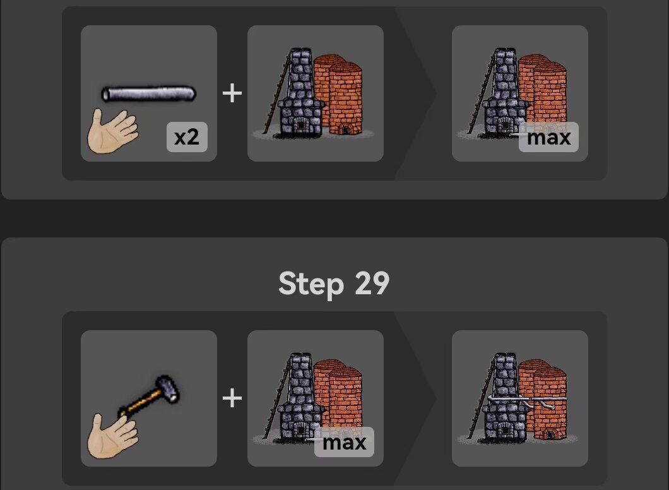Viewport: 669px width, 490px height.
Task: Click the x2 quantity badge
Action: pyautogui.click(x=187, y=137)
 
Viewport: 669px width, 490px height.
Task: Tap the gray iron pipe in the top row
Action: pyautogui.click(x=149, y=94)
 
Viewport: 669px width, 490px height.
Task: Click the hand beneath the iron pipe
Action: pyautogui.click(x=112, y=131)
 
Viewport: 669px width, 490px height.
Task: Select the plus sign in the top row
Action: pyautogui.click(x=232, y=93)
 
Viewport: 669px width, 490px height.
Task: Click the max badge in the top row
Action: pyautogui.click(x=548, y=137)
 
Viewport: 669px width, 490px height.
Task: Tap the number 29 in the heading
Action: pyautogui.click(x=372, y=284)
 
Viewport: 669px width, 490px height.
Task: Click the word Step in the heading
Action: pyautogui.click(x=311, y=284)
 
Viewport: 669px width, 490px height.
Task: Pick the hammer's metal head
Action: pyautogui.click(x=167, y=388)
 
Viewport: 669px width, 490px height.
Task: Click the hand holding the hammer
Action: pyautogui.click(x=112, y=436)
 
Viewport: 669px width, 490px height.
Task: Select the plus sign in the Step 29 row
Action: pyautogui.click(x=232, y=398)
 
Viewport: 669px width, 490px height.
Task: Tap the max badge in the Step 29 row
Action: pyautogui.click(x=345, y=442)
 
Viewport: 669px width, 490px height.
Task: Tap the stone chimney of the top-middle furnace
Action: pyautogui.click(x=301, y=92)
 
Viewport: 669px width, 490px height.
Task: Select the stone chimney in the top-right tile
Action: pyautogui.click(x=505, y=92)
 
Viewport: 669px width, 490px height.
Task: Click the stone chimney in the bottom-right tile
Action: pyautogui.click(x=505, y=397)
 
